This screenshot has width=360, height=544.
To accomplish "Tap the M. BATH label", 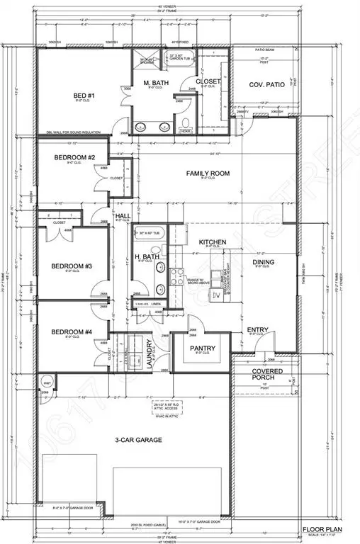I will pyautogui.click(x=155, y=84).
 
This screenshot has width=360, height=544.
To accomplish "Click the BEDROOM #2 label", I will pyautogui.click(x=72, y=157).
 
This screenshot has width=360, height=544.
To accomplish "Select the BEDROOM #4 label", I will pyautogui.click(x=72, y=331).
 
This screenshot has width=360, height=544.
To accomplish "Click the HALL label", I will pyautogui.click(x=123, y=216).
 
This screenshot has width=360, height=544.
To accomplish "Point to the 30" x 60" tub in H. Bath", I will pyautogui.click(x=151, y=233).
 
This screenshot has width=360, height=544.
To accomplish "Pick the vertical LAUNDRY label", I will pyautogui.click(x=150, y=351).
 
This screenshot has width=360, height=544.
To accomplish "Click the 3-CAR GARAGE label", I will pyautogui.click(x=138, y=440).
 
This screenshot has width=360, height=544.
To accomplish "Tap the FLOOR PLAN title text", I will pyautogui.click(x=325, y=529).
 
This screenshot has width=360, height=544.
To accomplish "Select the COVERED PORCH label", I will pyautogui.click(x=264, y=375).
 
